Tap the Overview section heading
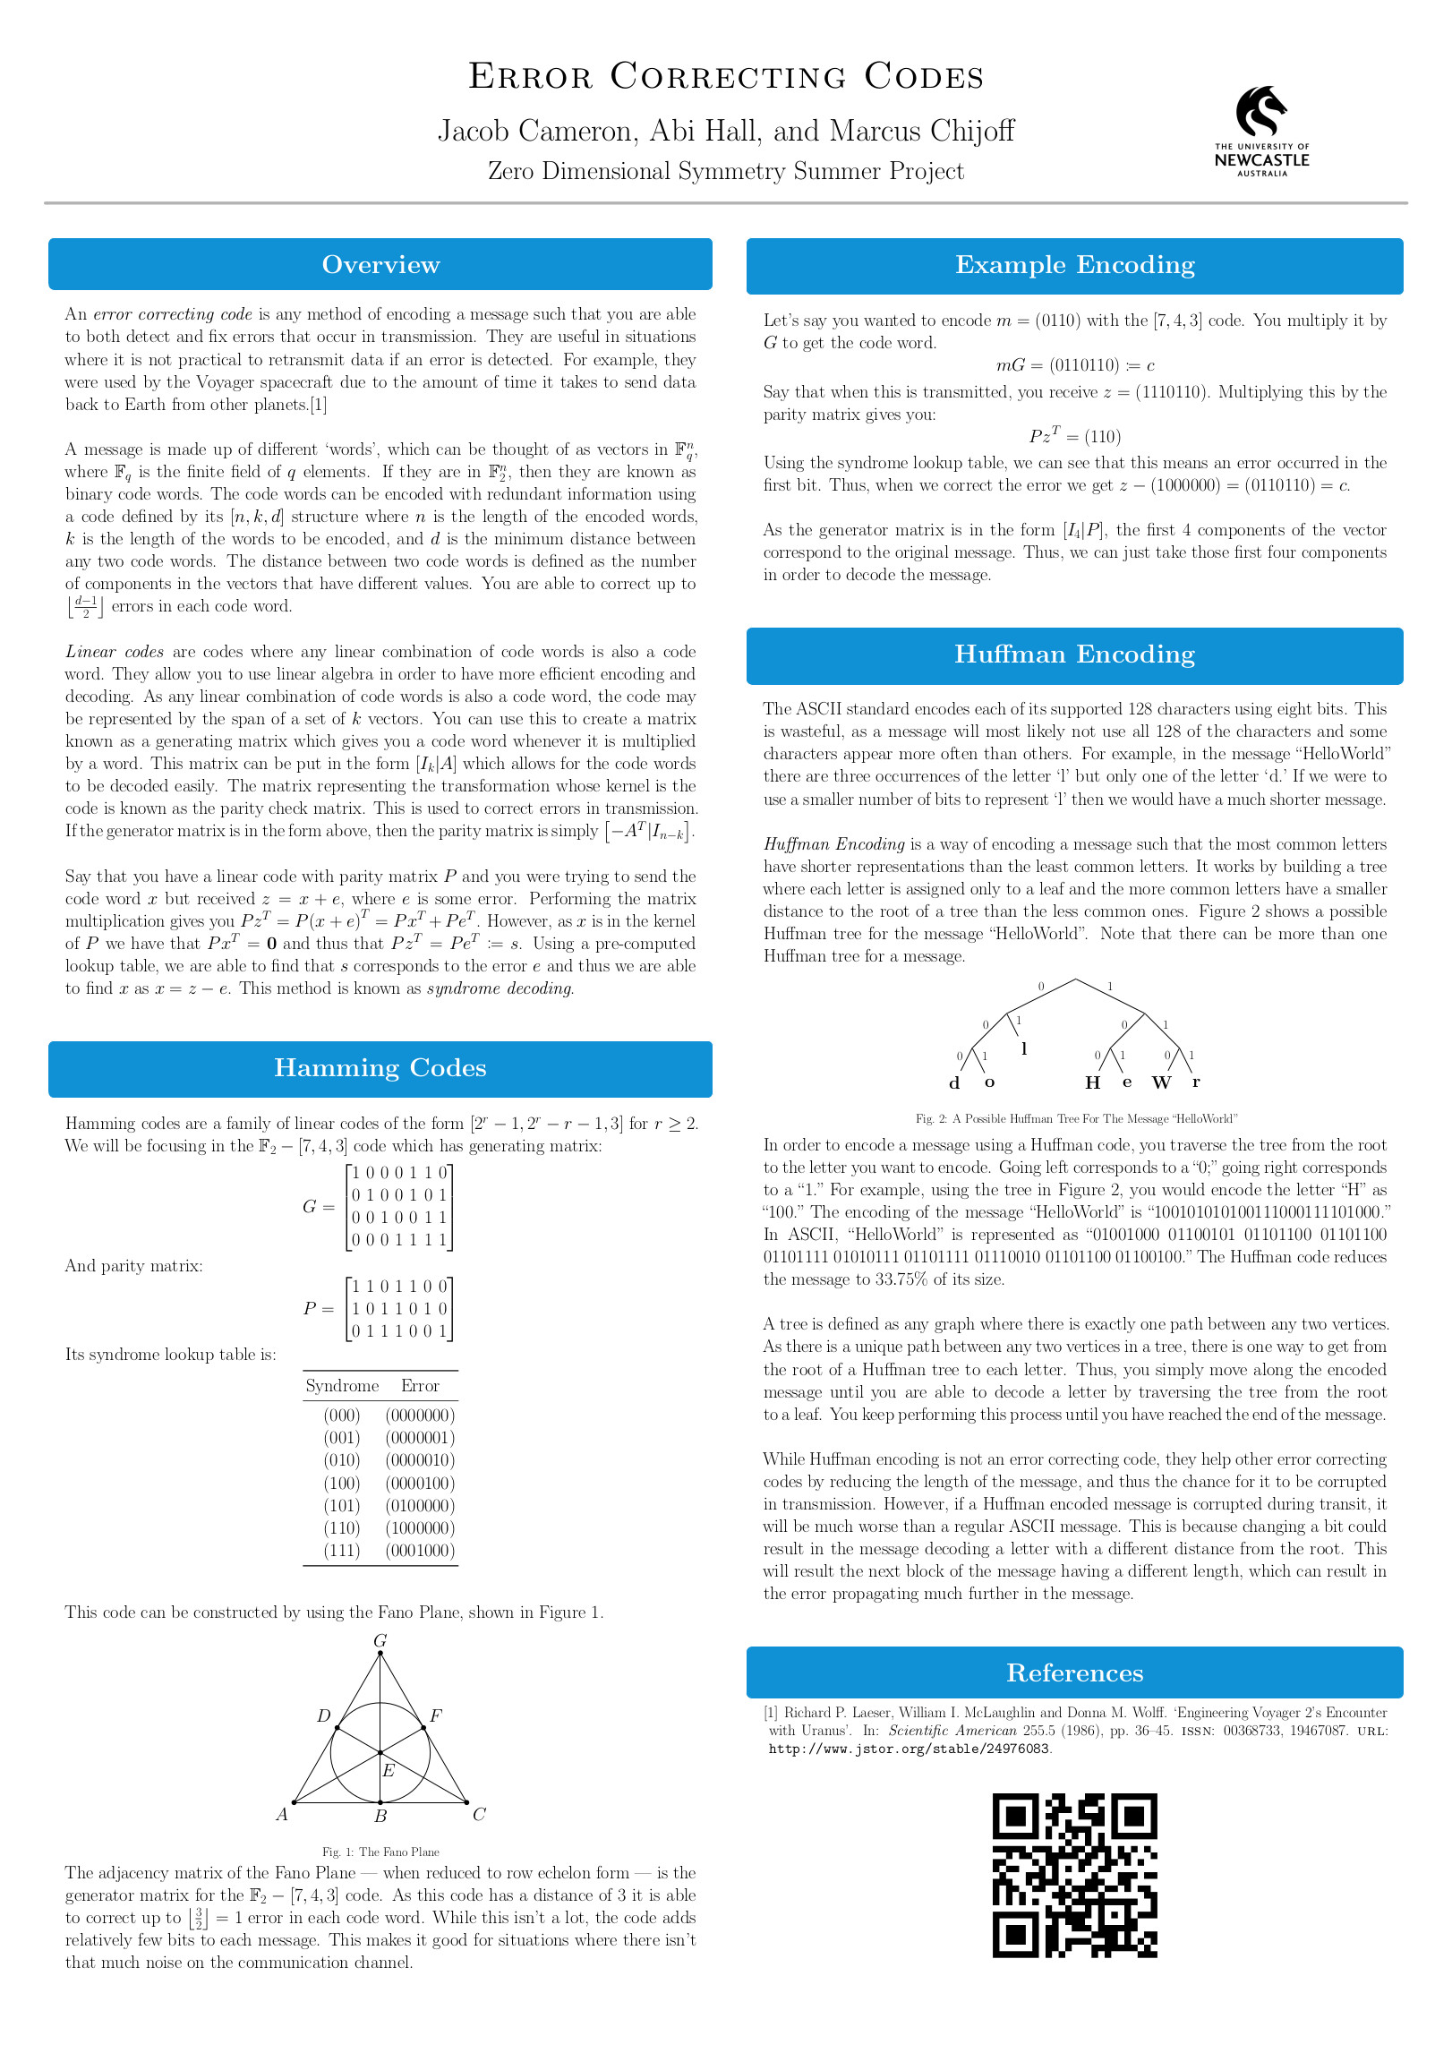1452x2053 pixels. tap(380, 265)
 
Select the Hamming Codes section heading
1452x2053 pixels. tap(380, 1068)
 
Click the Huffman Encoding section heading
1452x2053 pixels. tap(1074, 654)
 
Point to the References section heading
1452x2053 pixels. tap(1074, 1673)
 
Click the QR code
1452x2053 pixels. tap(1074, 1876)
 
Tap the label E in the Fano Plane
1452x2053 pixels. tap(389, 1771)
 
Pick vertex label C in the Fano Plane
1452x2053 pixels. tap(479, 1815)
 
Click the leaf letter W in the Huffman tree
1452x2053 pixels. tap(1161, 1083)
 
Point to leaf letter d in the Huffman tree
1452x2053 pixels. tap(954, 1083)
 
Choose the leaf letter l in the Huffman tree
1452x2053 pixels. tap(1024, 1048)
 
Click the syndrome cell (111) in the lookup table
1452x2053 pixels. tap(342, 1551)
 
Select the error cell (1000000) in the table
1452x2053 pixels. tap(420, 1528)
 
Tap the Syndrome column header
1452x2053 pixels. tap(342, 1386)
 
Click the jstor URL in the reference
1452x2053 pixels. tap(910, 1749)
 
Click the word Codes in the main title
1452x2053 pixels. tap(924, 77)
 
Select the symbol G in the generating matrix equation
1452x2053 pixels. tap(310, 1207)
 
